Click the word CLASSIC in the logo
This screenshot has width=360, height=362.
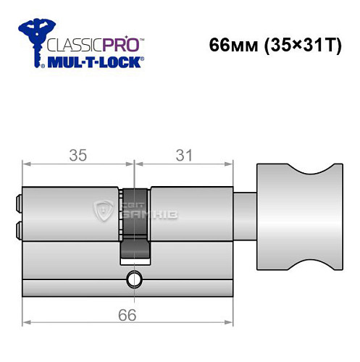(x=70, y=43)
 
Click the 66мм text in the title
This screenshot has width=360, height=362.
(x=228, y=44)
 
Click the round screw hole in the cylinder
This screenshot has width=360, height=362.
(x=133, y=278)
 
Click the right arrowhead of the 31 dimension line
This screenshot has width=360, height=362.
(x=235, y=166)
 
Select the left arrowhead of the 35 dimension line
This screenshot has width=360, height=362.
(x=27, y=166)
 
